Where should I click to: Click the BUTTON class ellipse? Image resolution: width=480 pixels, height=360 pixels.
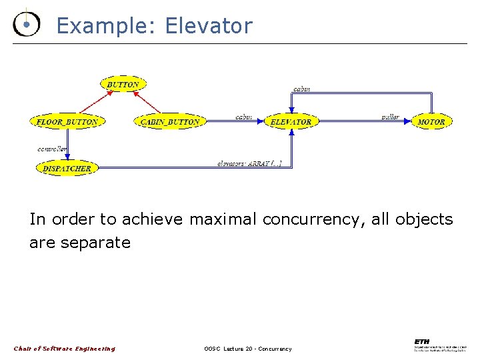[123, 85]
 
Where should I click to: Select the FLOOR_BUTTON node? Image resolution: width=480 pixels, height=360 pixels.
[67, 122]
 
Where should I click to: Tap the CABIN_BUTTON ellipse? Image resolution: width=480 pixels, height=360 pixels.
[170, 122]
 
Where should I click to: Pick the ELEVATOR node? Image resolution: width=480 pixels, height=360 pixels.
[291, 122]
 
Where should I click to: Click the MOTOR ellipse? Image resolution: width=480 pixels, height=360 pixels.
[431, 122]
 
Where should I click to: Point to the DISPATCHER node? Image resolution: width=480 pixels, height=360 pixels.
[67, 169]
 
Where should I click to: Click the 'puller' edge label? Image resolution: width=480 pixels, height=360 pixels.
[390, 117]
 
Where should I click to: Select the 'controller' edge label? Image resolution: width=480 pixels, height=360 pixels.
[52, 149]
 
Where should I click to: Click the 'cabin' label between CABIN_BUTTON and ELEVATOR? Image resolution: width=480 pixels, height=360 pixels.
[243, 117]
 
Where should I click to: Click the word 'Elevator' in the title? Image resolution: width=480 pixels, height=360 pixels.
[209, 26]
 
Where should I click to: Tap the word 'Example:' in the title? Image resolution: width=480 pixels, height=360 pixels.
[107, 26]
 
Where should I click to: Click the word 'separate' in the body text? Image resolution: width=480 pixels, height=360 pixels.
[95, 242]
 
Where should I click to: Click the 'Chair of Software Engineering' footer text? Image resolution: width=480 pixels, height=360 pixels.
[65, 349]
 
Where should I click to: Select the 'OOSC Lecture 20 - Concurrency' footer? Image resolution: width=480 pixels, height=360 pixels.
[248, 349]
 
